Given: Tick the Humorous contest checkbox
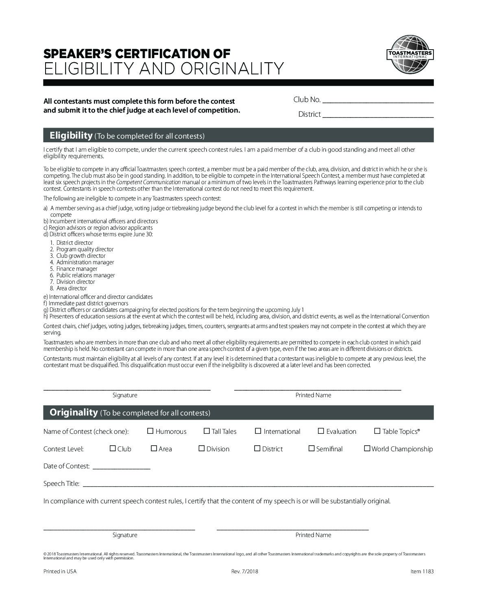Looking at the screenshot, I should point(150,431).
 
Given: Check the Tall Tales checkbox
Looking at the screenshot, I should point(207,431).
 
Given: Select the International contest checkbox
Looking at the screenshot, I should point(258,431).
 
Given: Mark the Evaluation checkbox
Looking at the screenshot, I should point(321,431).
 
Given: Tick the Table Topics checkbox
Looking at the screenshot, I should point(377,431).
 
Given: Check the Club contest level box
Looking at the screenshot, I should point(113,448).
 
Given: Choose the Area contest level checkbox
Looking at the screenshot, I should point(154,448).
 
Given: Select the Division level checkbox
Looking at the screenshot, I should point(201,448).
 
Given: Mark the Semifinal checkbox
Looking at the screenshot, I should point(311,448).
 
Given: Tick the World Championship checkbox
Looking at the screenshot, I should point(367,448).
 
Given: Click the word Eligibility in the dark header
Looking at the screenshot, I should point(71,135).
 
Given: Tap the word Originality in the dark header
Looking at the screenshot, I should point(74,412).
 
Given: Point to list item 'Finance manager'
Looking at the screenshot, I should point(77,269).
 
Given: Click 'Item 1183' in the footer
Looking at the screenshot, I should point(422,571).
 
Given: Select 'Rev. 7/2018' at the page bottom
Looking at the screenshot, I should point(244,571).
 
